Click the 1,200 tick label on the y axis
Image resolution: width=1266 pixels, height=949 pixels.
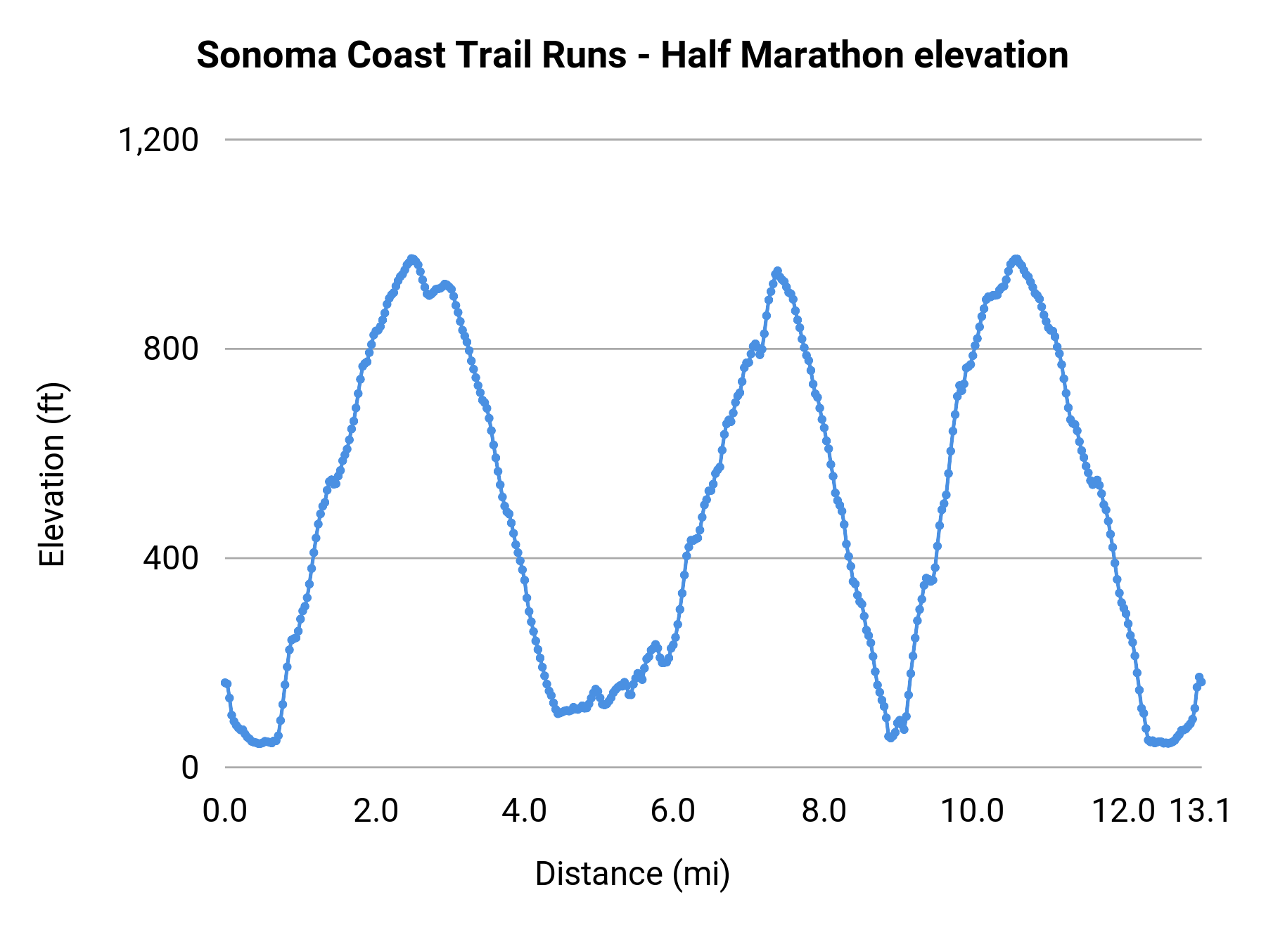click(159, 140)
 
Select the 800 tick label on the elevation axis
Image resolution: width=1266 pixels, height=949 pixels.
click(171, 349)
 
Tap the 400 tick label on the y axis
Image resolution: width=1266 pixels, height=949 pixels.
click(171, 558)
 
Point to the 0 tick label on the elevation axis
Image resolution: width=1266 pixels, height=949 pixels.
click(190, 768)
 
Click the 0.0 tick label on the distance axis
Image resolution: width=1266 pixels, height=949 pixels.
click(225, 811)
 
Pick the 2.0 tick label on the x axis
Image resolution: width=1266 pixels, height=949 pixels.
click(376, 811)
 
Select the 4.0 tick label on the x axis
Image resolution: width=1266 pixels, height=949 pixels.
click(525, 811)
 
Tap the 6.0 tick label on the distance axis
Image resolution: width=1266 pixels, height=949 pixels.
click(673, 811)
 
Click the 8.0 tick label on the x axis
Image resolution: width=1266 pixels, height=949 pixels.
click(824, 811)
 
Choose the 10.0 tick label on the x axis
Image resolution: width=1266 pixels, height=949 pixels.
click(972, 811)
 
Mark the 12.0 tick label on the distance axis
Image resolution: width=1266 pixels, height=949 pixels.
click(1123, 811)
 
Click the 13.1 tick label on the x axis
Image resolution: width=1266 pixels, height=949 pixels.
click(1200, 811)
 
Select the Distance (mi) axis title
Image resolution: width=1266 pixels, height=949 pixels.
click(632, 874)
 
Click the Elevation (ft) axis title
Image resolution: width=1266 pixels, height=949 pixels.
click(52, 475)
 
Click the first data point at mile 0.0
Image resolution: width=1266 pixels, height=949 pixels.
click(225, 683)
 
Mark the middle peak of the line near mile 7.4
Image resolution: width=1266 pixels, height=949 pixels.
click(777, 271)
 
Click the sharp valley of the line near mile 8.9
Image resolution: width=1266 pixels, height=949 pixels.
click(890, 737)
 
